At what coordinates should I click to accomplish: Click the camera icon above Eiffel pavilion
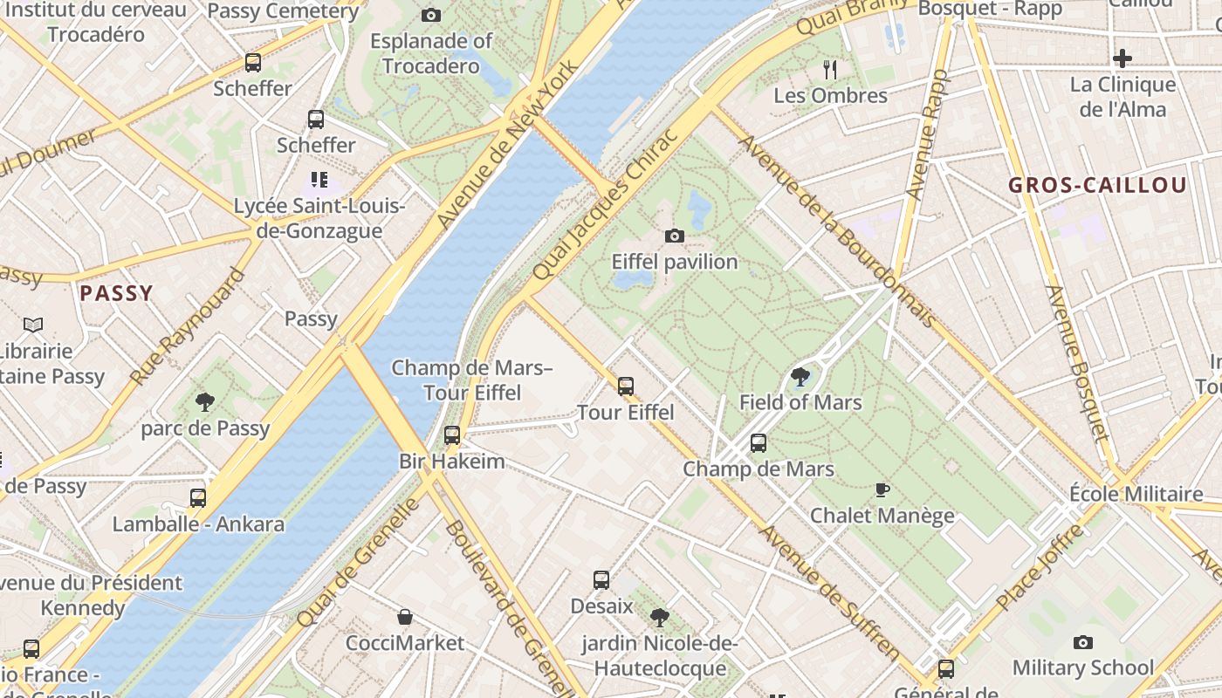[674, 236]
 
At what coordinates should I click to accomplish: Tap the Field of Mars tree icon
[800, 377]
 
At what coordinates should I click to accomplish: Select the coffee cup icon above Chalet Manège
[882, 489]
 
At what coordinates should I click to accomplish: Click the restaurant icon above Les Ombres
[830, 69]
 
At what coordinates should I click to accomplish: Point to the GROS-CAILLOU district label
[1097, 185]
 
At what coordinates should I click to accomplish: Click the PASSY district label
[116, 293]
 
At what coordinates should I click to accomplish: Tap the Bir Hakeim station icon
[451, 435]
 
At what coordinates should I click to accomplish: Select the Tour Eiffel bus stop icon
[625, 386]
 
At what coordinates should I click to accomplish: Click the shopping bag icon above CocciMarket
[405, 618]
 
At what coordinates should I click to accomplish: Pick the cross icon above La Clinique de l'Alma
[1122, 58]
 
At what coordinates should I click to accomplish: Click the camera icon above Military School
[1082, 643]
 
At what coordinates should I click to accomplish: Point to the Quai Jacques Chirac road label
[605, 206]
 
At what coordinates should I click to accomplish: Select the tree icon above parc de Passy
[205, 402]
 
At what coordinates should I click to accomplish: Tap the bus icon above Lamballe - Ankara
[198, 498]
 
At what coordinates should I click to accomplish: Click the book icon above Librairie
[33, 325]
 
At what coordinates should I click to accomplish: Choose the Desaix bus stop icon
[601, 580]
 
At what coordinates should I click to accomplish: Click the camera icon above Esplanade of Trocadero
[430, 15]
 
